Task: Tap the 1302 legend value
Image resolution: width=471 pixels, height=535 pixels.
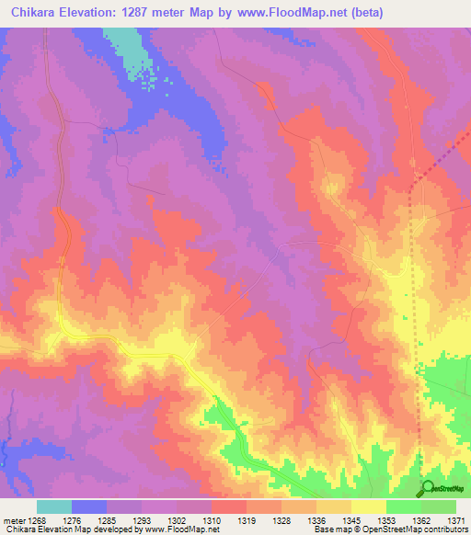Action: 178,519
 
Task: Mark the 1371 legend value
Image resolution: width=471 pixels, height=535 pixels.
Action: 455,519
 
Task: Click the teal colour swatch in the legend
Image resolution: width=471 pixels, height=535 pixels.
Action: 54,507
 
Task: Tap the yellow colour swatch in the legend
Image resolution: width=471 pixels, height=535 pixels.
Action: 369,507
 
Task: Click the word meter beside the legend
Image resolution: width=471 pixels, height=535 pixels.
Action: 13,519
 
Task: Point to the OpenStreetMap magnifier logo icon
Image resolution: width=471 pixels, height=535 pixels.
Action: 428,488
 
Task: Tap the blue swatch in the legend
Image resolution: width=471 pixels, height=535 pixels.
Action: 89,507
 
